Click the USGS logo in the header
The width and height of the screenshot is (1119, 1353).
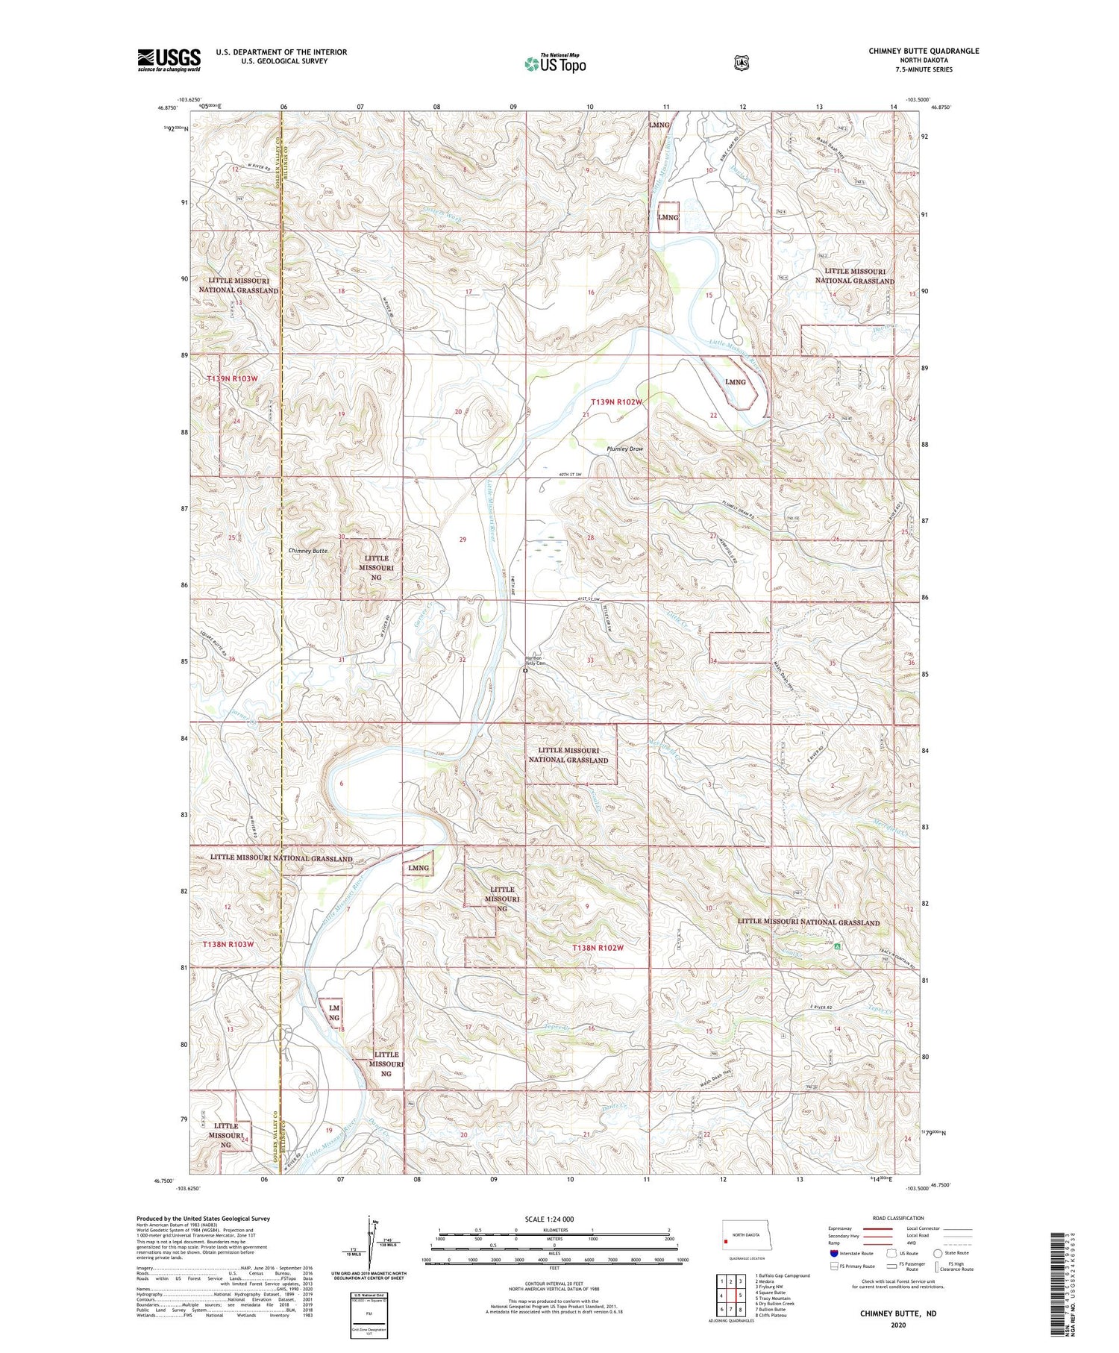pyautogui.click(x=169, y=59)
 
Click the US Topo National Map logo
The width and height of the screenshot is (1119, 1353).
pyautogui.click(x=555, y=63)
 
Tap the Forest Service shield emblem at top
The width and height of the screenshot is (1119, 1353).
pyautogui.click(x=741, y=63)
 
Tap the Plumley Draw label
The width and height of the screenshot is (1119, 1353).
pyautogui.click(x=624, y=449)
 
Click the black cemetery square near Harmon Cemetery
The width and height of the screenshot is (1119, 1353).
pyautogui.click(x=525, y=671)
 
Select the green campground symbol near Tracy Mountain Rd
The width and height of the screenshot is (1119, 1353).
pyautogui.click(x=838, y=946)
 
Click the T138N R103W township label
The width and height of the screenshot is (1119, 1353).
pyautogui.click(x=229, y=944)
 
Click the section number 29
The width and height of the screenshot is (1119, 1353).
pyautogui.click(x=463, y=540)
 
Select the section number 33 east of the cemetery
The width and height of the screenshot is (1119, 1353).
pyautogui.click(x=590, y=660)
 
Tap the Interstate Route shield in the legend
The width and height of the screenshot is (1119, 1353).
pyautogui.click(x=833, y=1253)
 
